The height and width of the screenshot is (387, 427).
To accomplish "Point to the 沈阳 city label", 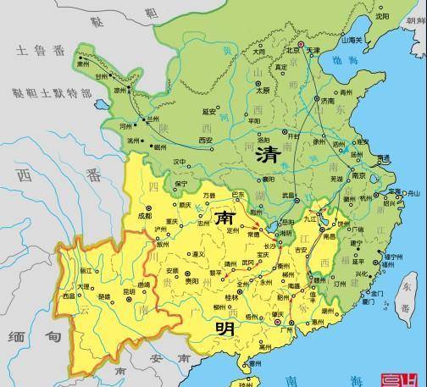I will (x=382, y=16).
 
